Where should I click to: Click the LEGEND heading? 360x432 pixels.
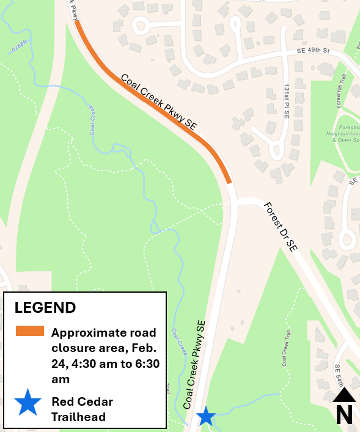coord(45,307)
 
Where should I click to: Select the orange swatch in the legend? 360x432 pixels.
coord(30,331)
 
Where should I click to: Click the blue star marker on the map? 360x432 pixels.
coord(206,417)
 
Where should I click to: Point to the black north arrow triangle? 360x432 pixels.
coord(344,395)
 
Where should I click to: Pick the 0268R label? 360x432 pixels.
coord(19,46)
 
